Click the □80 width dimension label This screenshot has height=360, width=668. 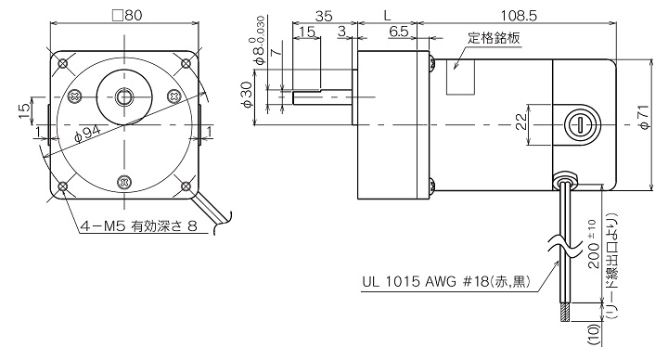[x=126, y=16]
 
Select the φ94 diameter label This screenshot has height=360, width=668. [x=87, y=134]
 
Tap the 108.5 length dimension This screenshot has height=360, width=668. [x=519, y=16]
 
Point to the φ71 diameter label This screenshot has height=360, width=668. [x=644, y=117]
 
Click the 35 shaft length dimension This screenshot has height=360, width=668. [x=324, y=16]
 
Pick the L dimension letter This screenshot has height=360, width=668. [x=387, y=16]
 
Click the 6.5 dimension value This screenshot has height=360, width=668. [x=399, y=32]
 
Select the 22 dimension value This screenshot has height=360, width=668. [x=521, y=122]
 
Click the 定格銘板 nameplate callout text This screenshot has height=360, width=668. [x=494, y=38]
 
